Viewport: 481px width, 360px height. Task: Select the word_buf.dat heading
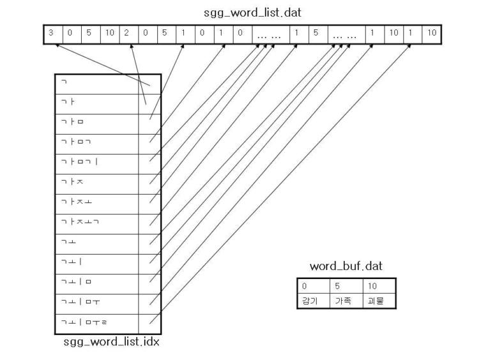click(x=346, y=266)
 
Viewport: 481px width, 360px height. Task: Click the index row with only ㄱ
click(x=96, y=84)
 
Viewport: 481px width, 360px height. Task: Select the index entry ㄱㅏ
click(x=96, y=103)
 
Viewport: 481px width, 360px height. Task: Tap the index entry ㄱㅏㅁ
click(x=96, y=123)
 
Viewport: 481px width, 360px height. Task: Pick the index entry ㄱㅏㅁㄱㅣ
click(x=96, y=163)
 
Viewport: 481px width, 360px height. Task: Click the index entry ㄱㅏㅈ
click(x=96, y=183)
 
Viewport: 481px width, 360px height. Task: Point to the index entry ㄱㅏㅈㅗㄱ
click(x=96, y=223)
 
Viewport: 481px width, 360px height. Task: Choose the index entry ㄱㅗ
click(x=96, y=243)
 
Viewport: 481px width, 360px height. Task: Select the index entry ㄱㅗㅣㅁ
click(x=96, y=283)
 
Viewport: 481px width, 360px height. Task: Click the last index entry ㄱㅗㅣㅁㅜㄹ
click(x=96, y=323)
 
